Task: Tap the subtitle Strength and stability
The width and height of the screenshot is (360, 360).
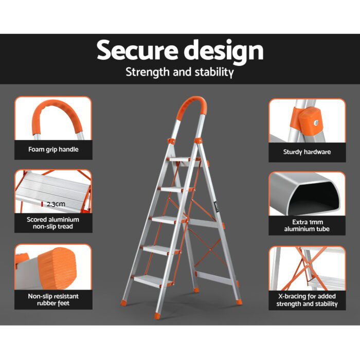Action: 180,72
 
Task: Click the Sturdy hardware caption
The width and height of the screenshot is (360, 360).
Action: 307,152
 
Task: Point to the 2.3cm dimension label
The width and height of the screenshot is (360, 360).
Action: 56,204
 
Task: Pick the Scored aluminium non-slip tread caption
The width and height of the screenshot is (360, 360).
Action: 53,223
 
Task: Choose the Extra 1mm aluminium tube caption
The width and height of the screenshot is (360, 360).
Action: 307,225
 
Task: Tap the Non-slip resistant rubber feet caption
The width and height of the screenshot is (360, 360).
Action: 53,299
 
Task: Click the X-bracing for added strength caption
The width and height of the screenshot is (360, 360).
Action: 307,300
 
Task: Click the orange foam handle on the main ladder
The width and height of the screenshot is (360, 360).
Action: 188,109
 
